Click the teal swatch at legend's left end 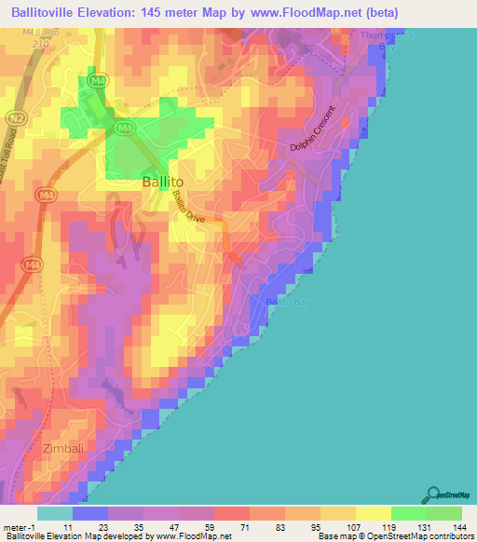coord(55,513)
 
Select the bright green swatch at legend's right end coord(443,513)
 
